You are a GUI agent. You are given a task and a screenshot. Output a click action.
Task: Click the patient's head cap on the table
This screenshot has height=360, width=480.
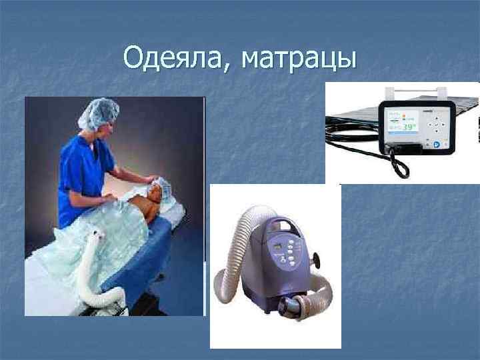(163, 184)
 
